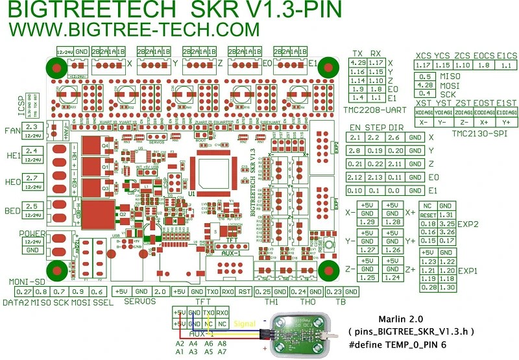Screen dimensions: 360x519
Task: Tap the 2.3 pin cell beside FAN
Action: (33, 126)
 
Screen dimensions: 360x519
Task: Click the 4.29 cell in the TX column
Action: (357, 62)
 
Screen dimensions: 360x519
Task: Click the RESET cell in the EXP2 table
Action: (427, 215)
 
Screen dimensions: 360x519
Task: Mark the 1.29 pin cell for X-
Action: (367, 222)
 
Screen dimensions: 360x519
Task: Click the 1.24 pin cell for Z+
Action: (391, 278)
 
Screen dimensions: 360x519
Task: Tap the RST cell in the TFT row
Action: (244, 292)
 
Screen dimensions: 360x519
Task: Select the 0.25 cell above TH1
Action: (263, 292)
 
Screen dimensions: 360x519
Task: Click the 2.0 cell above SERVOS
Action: (162, 292)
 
